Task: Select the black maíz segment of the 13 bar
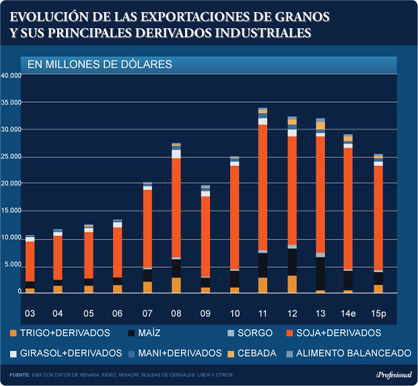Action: [x=320, y=274]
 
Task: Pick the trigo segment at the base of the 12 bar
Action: [x=291, y=284]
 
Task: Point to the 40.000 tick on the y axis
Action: [x=11, y=75]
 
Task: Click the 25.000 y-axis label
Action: [x=11, y=156]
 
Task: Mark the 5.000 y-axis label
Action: [x=13, y=265]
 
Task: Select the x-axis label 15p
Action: [x=378, y=314]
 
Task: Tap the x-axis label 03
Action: [x=30, y=314]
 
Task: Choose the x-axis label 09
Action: [x=205, y=314]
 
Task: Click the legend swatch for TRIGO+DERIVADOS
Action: [x=13, y=333]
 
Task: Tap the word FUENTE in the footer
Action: [x=20, y=375]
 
